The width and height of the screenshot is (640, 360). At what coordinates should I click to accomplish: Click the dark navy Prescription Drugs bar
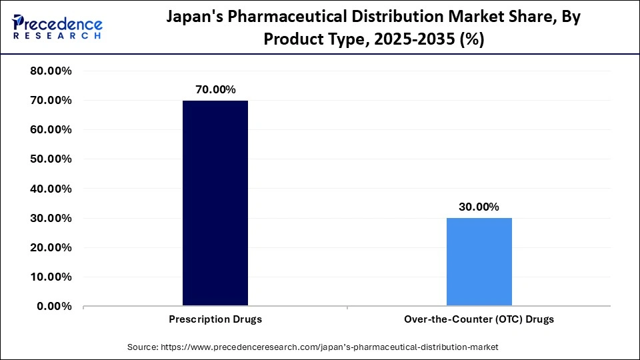click(x=215, y=203)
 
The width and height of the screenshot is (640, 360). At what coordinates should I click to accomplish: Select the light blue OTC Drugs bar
click(x=479, y=262)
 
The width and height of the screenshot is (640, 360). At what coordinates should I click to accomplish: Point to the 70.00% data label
click(x=215, y=89)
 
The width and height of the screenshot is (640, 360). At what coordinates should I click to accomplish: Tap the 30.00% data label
click(x=479, y=207)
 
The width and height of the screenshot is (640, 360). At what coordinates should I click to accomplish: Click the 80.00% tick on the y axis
click(x=52, y=71)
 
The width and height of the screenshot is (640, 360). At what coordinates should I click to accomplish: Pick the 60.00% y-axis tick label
click(x=52, y=130)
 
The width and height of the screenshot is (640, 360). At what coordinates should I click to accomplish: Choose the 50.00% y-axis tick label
click(x=52, y=159)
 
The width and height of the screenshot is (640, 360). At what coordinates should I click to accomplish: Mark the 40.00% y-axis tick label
click(x=52, y=189)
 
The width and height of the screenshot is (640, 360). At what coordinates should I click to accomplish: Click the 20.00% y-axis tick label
click(x=52, y=247)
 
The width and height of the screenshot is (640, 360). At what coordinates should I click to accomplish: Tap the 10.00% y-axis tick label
click(x=52, y=277)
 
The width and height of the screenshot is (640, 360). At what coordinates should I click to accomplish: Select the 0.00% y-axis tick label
click(x=55, y=306)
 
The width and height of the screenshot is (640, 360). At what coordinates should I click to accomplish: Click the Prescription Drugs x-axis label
click(x=215, y=319)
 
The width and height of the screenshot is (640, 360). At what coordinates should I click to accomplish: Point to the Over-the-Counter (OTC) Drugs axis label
click(x=479, y=319)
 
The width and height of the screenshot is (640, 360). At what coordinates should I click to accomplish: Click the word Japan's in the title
click(x=194, y=18)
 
